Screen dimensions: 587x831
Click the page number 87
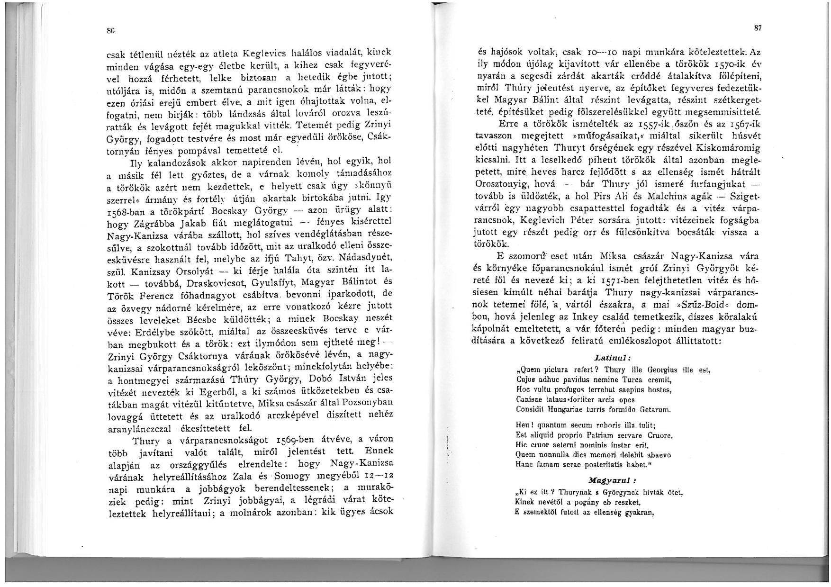point(757,28)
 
